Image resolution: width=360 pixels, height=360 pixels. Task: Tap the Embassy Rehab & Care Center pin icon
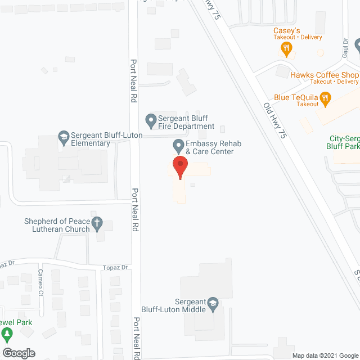[x=178, y=146]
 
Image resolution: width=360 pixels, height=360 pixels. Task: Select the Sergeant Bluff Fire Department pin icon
[x=150, y=120]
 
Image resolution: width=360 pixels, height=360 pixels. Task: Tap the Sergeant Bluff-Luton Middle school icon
[x=213, y=304]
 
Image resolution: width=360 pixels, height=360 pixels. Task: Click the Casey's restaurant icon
[x=287, y=49]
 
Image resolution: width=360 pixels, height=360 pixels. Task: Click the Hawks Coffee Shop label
[x=324, y=75]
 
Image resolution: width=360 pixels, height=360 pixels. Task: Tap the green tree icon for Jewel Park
[x=7, y=336]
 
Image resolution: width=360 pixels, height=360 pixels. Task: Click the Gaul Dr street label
[x=346, y=51]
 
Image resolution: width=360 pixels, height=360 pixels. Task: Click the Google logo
[x=18, y=353]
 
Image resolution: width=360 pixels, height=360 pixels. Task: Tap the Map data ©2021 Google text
[x=324, y=355]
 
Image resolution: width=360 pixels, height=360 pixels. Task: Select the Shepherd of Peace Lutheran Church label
[x=56, y=225]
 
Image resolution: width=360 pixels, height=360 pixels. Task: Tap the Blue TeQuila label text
[x=298, y=97]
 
